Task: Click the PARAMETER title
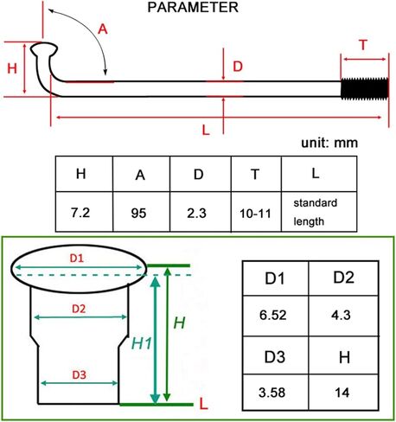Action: point(193,7)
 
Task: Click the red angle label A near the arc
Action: point(103,29)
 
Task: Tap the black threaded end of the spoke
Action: point(365,88)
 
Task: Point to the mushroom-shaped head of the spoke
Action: point(44,49)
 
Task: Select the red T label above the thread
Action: point(363,45)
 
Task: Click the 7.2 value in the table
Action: point(80,213)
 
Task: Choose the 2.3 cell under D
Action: point(196,213)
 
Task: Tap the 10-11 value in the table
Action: point(255,214)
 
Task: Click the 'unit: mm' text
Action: point(329,143)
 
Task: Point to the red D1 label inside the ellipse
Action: point(77,259)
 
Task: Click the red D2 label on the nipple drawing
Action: point(79,309)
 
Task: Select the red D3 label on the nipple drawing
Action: point(79,374)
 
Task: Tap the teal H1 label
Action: point(141,343)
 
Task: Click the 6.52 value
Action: point(272,315)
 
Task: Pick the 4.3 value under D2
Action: point(341,315)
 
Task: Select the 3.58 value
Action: point(271,393)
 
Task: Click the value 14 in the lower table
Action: point(342,393)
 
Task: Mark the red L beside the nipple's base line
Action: point(203,404)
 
